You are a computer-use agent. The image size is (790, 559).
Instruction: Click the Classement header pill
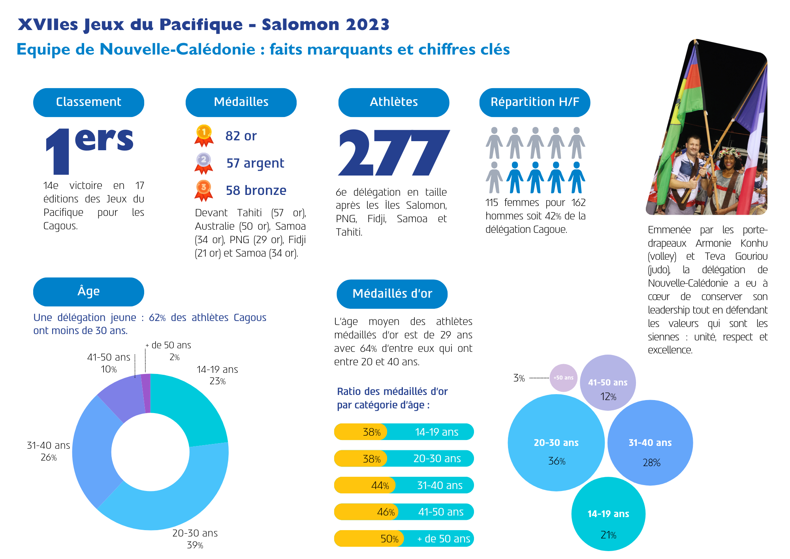88,102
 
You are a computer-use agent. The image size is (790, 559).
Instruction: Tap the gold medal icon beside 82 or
204,135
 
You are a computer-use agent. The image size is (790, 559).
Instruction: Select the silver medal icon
204,162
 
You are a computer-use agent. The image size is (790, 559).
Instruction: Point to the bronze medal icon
204,190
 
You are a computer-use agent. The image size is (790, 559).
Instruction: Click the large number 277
393,153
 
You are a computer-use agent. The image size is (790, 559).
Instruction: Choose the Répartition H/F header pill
534,102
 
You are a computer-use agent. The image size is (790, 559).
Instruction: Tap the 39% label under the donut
195,545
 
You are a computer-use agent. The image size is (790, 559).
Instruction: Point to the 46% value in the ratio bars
386,512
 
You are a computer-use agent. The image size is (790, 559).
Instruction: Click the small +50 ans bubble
563,378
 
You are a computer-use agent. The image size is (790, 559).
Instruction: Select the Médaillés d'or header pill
392,294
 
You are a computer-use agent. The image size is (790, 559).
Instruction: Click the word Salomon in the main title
301,25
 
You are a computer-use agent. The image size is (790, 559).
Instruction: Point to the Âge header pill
88,292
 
